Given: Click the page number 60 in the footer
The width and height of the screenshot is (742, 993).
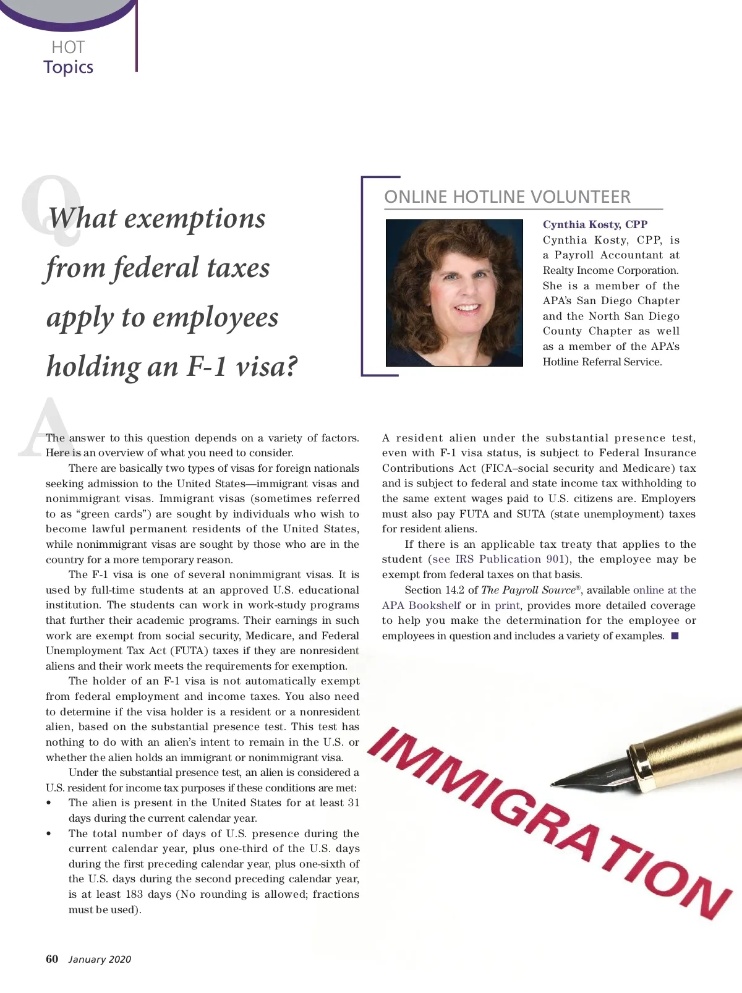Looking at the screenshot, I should coord(52,959).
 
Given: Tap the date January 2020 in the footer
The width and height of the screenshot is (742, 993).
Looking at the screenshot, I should coord(100,960).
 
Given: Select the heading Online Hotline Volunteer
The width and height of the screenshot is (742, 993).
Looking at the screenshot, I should coord(507,197).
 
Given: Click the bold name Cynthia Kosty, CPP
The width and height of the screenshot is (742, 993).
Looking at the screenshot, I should coord(595,224).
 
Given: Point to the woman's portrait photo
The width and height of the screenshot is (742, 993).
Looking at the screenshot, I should coord(454,292).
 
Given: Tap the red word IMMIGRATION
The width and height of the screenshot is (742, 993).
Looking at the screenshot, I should coord(550,822).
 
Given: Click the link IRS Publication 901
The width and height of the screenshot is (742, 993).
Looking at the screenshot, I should coord(510,560).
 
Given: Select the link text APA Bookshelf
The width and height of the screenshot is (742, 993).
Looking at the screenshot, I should coord(421,605).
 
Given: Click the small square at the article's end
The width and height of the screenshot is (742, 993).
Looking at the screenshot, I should coord(675,636).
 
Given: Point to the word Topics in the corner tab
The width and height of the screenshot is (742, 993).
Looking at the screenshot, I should coord(69,67).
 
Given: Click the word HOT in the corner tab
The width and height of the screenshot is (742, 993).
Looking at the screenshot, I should coord(68,47).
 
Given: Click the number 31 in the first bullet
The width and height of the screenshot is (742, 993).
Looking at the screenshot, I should coord(353,803).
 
